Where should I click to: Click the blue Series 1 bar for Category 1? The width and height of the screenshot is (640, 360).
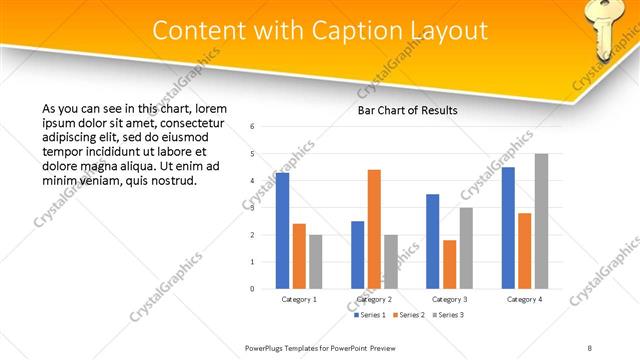click(x=282, y=231)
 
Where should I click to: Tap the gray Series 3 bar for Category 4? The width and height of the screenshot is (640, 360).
click(x=541, y=221)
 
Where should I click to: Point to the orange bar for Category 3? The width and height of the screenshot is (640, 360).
click(x=449, y=264)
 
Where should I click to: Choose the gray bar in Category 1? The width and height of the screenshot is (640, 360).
click(x=316, y=262)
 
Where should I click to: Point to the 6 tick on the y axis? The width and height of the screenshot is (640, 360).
click(x=253, y=127)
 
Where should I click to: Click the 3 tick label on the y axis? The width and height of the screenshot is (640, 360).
click(x=253, y=208)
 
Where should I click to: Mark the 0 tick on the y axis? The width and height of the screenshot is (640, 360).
click(x=253, y=289)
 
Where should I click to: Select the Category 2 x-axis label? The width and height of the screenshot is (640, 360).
click(x=374, y=299)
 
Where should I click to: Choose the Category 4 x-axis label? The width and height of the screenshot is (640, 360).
click(x=524, y=299)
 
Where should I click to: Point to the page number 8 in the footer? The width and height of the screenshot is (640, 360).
click(x=590, y=347)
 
